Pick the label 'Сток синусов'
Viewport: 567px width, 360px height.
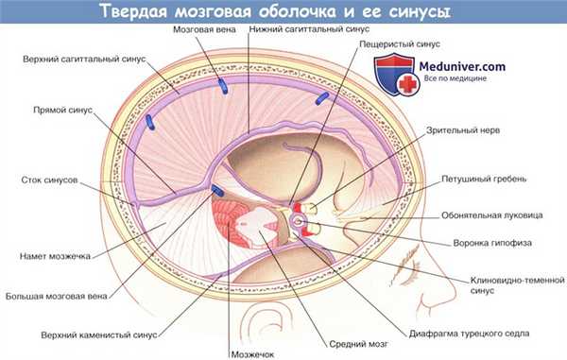tap(48, 180)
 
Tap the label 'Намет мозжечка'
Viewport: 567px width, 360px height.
tap(55, 254)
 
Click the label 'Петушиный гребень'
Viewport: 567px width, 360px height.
tap(506, 179)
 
